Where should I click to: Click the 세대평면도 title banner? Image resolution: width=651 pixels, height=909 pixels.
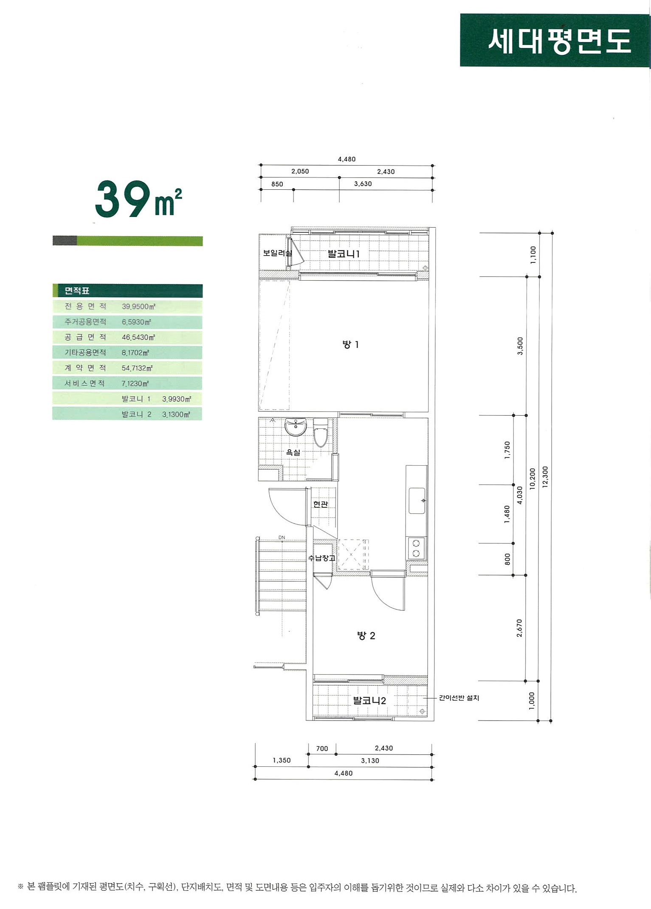pos(555,40)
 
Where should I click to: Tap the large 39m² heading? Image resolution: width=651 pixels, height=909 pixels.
pos(138,199)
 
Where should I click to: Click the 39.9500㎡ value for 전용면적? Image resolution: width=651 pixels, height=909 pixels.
pos(138,307)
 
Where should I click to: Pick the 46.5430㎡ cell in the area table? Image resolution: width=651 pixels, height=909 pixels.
pos(138,338)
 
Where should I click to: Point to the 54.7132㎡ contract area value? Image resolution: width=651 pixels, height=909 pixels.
pos(137,368)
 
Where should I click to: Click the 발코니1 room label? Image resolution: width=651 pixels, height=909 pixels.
pos(344,254)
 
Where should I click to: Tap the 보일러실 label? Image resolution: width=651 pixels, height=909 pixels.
pos(277,253)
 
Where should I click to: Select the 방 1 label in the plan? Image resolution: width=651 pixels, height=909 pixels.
pos(350,344)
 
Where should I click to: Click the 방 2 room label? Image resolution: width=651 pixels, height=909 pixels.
pos(366,636)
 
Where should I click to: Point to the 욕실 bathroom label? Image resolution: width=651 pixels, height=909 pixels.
pos(293,453)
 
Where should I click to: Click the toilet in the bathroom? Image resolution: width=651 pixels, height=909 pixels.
pos(321,433)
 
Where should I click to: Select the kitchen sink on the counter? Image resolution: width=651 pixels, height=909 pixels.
pos(417,501)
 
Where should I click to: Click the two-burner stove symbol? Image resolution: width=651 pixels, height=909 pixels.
pos(416,548)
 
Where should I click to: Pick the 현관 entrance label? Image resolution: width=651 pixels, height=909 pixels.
pos(321,504)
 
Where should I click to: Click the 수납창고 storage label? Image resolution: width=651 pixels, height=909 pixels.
pos(321,558)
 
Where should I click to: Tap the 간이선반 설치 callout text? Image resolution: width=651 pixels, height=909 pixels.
pos(459,698)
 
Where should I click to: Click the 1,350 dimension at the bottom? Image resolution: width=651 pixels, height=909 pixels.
pos(282,760)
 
